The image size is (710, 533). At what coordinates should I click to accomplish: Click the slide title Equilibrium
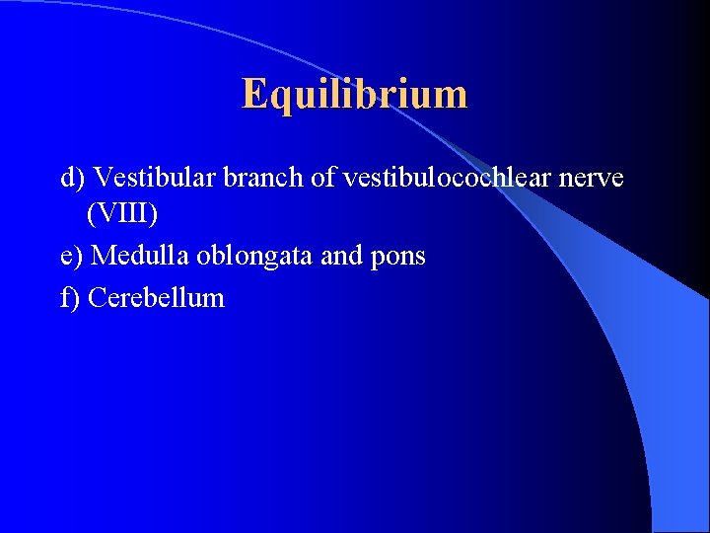(354, 95)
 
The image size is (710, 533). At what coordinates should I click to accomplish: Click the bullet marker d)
(73, 179)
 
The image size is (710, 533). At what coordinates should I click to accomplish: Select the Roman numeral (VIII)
(122, 213)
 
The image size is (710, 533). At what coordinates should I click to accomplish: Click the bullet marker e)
(73, 257)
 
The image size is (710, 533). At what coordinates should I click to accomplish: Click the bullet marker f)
(71, 298)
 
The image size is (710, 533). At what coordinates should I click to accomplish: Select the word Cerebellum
(157, 298)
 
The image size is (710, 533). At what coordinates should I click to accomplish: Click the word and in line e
(342, 256)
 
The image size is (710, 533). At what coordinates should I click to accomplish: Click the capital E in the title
(254, 94)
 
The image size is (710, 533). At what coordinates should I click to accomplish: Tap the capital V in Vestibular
(102, 178)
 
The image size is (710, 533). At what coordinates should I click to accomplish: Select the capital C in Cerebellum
(97, 298)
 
